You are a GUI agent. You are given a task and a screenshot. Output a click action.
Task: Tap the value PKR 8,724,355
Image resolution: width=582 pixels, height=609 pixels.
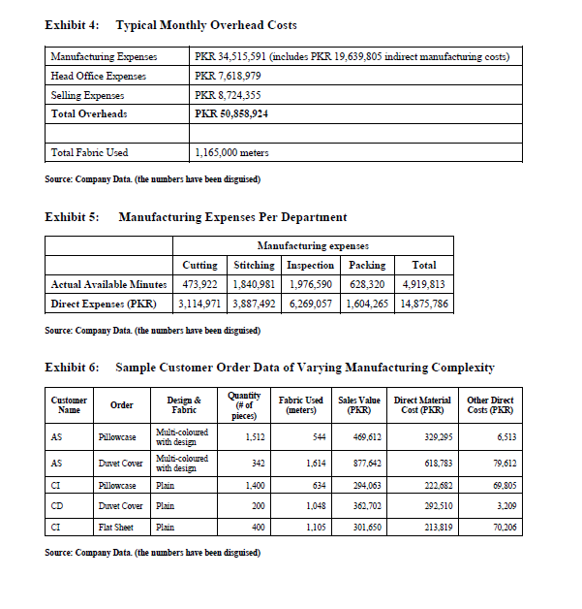point(228,95)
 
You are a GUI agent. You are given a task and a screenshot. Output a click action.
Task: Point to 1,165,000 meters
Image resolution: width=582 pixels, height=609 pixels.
point(232,152)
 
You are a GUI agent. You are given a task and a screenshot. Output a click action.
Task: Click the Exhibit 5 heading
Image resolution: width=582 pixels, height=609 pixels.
point(196,216)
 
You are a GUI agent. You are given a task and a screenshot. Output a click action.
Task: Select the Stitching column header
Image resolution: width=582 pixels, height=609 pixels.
point(255,265)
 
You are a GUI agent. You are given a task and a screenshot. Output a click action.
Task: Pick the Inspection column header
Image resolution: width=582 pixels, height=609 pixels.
point(312,265)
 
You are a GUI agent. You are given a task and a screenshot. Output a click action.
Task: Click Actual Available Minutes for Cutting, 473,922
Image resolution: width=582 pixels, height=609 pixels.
point(199,284)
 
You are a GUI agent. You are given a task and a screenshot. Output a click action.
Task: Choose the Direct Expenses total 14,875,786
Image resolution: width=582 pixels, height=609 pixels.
point(423,303)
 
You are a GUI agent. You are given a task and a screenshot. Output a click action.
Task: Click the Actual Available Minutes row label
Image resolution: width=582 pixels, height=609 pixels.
point(106,284)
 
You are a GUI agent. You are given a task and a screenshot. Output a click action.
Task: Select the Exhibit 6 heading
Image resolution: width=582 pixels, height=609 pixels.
point(269,368)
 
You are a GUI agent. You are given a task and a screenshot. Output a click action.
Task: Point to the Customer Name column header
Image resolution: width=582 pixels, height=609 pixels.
point(69,405)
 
